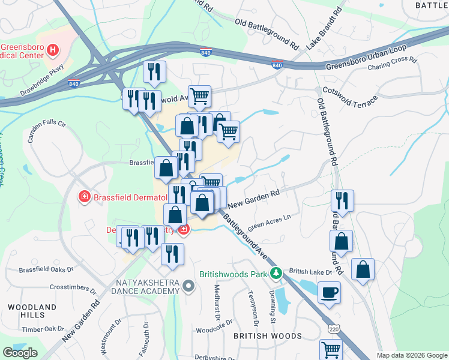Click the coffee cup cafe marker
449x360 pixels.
(x=329, y=293)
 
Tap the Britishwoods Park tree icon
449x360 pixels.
(x=276, y=274)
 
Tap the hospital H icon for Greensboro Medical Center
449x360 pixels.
(x=53, y=50)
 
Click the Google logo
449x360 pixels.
(x=20, y=353)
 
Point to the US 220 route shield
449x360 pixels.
(x=334, y=329)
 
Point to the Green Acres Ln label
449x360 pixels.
(x=269, y=221)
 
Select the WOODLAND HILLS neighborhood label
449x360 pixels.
(x=26, y=310)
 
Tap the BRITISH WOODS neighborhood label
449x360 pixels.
(x=267, y=336)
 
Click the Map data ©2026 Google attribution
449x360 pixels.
(x=412, y=355)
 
